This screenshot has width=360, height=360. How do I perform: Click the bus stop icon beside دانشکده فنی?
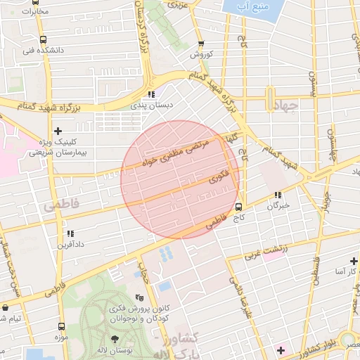44,40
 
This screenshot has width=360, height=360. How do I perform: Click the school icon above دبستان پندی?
150,94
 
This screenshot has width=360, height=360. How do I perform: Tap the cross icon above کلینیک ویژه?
58,131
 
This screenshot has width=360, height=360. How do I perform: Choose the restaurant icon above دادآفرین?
70,233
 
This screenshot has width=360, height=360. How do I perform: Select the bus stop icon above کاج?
239,207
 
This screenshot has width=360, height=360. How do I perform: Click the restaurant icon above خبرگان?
278,195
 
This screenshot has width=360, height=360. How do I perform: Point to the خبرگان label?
278,206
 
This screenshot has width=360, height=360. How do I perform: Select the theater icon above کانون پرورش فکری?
139,297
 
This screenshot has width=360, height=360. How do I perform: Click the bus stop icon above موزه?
61,326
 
